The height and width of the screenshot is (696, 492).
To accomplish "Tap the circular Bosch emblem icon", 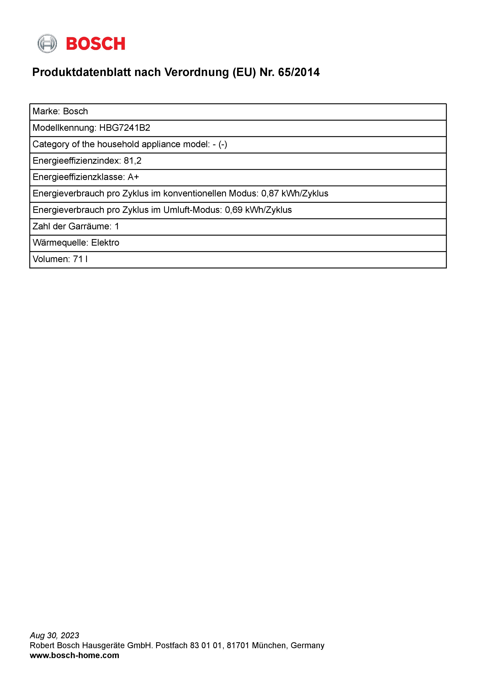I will click(x=47, y=44).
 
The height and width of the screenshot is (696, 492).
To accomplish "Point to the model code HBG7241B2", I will click(x=125, y=128).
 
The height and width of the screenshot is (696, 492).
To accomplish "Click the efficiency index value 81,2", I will click(x=133, y=161).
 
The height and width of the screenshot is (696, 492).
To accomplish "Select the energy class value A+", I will click(x=133, y=177).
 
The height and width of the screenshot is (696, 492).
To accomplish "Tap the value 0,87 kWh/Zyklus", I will click(x=295, y=193).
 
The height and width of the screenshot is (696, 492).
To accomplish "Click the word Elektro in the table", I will click(x=105, y=242).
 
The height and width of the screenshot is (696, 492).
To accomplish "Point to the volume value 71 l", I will click(x=80, y=259).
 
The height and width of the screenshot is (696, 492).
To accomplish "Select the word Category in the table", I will click(x=51, y=144).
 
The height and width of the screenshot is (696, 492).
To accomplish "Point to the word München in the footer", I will click(x=268, y=645).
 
